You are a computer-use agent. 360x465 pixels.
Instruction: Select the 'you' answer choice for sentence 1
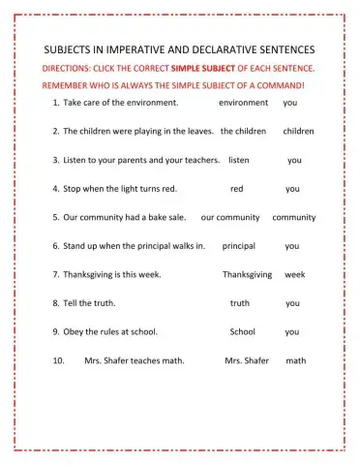(x=290, y=102)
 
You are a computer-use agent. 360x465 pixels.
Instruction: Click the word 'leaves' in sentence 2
(x=195, y=130)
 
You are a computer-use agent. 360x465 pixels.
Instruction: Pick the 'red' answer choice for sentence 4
(x=237, y=189)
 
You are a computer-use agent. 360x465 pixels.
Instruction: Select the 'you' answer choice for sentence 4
(x=292, y=189)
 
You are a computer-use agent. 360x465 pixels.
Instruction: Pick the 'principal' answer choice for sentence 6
(x=238, y=246)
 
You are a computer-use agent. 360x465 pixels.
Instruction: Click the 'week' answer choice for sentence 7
(x=294, y=274)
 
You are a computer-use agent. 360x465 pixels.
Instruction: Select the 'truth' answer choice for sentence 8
(x=240, y=303)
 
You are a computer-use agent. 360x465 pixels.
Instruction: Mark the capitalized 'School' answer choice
(x=242, y=331)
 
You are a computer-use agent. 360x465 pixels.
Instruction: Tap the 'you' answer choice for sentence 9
(x=292, y=331)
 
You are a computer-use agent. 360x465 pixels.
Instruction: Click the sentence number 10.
(x=58, y=360)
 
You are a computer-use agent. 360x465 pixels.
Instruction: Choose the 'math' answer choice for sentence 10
(x=296, y=360)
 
